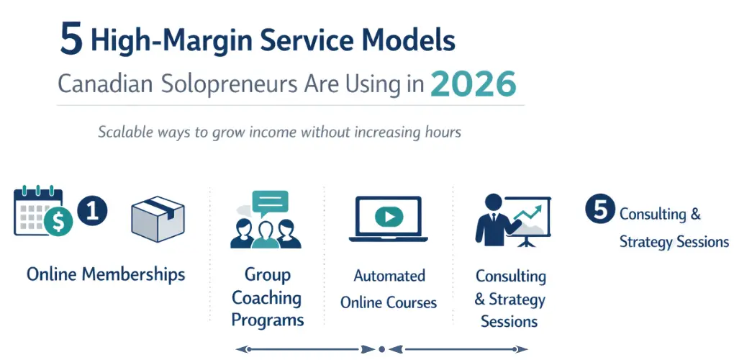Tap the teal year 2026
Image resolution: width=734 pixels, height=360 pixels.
[473, 84]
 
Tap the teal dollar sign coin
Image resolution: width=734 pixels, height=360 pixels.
[58, 222]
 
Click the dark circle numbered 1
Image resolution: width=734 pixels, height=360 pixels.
[92, 212]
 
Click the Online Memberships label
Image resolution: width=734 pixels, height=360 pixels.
[106, 274]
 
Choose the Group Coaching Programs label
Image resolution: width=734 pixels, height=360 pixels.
[267, 297]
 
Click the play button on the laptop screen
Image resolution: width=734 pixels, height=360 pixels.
[389, 216]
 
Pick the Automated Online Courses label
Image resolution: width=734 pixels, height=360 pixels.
[389, 289]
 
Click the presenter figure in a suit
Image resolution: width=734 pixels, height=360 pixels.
[493, 220]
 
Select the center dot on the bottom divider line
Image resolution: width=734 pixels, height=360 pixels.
[381, 349]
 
